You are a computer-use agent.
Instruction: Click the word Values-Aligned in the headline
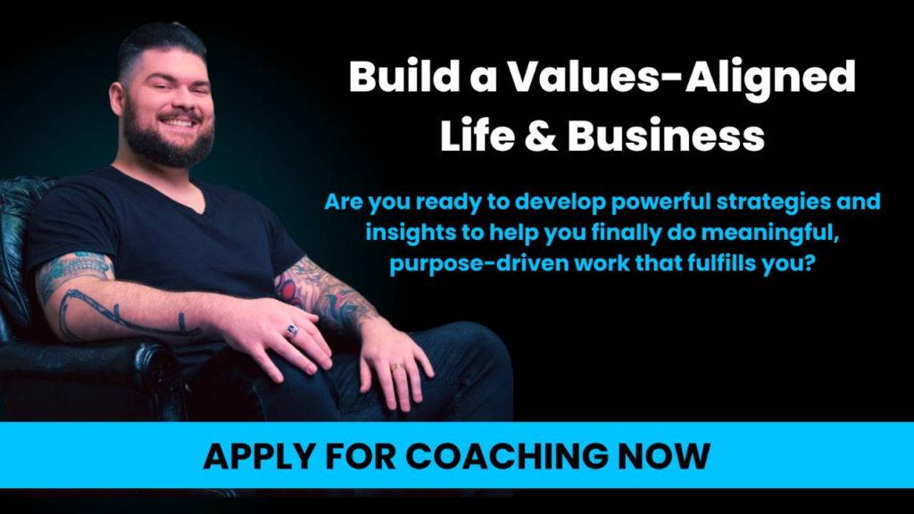pyautogui.click(x=681, y=77)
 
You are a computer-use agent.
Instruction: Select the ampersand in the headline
pyautogui.click(x=541, y=136)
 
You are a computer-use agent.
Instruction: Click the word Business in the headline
pyautogui.click(x=666, y=136)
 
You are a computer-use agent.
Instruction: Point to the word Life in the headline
pyautogui.click(x=478, y=136)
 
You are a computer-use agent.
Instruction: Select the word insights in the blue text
pyautogui.click(x=411, y=233)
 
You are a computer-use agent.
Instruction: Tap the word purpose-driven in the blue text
pyautogui.click(x=479, y=263)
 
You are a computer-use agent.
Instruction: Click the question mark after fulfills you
pyautogui.click(x=808, y=262)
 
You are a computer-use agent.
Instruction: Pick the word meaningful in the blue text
pyautogui.click(x=769, y=233)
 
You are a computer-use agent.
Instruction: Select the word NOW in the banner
pyautogui.click(x=664, y=456)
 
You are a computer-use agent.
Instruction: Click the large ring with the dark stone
pyautogui.click(x=292, y=331)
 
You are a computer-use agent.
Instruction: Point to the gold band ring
pyautogui.click(x=397, y=367)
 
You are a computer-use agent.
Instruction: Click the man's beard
pyautogui.click(x=167, y=140)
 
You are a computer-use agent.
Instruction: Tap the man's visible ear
pyautogui.click(x=116, y=98)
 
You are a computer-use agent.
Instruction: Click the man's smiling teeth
pyautogui.click(x=179, y=123)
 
